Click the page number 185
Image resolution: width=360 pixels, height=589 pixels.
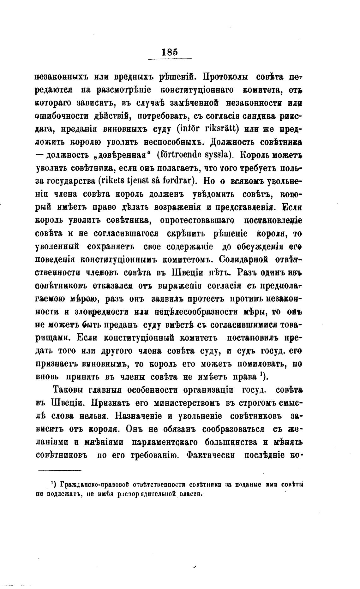pyautogui.click(x=170, y=52)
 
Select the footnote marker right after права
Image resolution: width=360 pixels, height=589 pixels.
pyautogui.click(x=263, y=376)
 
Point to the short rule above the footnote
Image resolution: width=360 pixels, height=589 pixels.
pyautogui.click(x=60, y=470)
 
